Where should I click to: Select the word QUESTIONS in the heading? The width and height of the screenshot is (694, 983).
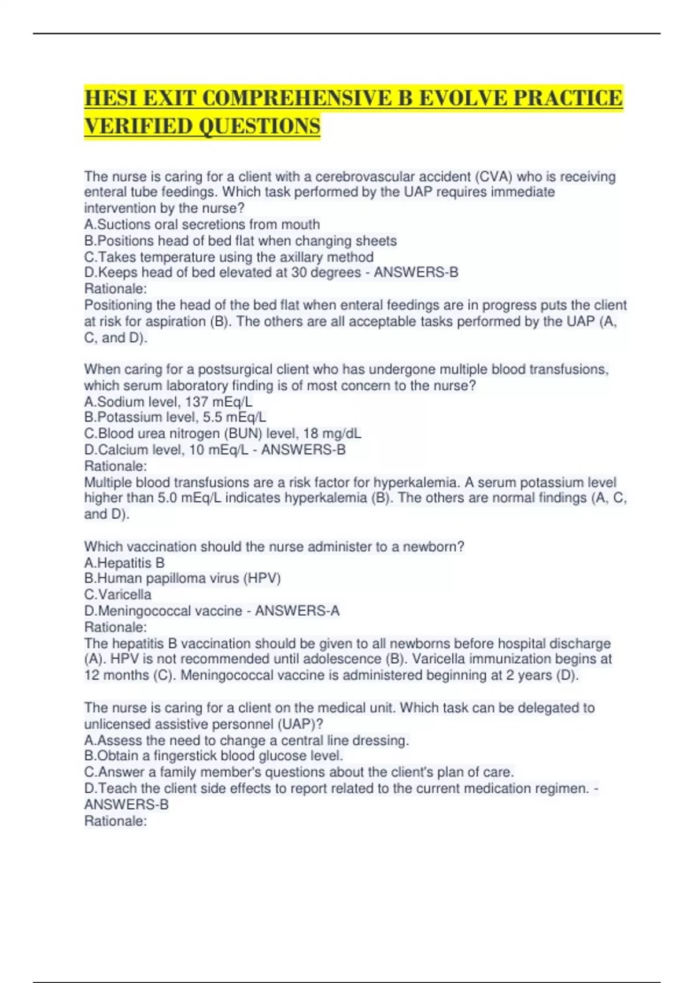point(261,127)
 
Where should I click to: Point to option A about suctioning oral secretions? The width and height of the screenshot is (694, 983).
point(202,224)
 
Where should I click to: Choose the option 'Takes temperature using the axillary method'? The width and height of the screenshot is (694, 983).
point(229,257)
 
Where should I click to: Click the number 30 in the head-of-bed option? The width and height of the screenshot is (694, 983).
point(299,272)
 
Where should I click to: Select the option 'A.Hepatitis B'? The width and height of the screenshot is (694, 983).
point(124,563)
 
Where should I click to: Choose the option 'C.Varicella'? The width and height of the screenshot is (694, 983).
point(118,594)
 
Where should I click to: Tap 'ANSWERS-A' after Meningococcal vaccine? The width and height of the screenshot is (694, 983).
point(297,611)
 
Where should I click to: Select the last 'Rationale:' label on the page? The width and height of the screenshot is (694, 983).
point(116,821)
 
